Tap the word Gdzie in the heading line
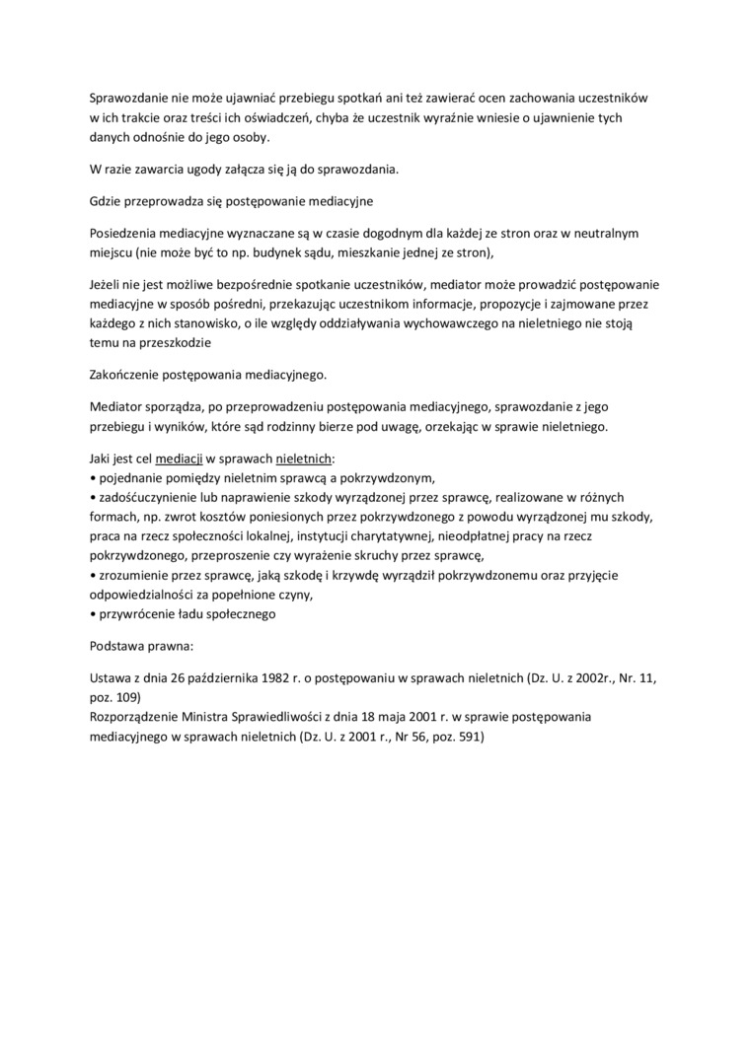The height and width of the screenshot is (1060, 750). (106, 201)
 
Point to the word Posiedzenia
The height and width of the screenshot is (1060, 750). (124, 234)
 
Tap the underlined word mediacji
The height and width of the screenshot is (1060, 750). (180, 459)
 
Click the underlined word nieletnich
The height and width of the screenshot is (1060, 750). (304, 459)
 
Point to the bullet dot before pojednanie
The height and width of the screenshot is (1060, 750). (93, 478)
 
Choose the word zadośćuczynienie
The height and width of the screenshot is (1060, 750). (151, 497)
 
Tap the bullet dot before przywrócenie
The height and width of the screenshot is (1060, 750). (93, 614)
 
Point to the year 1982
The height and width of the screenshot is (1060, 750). (292, 680)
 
